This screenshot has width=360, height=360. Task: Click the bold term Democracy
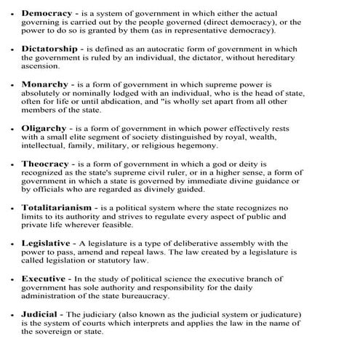48,13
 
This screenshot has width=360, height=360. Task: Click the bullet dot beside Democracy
15,14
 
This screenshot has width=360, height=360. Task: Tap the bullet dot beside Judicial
15,314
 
